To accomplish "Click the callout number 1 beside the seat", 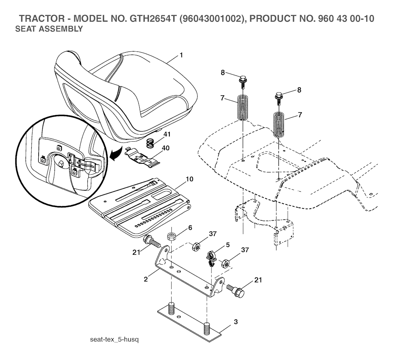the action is click(x=181, y=55).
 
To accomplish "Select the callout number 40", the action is click(x=166, y=147).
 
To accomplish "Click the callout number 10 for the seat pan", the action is click(x=189, y=179).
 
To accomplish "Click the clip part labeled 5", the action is click(x=211, y=258).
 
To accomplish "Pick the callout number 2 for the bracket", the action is click(x=146, y=279).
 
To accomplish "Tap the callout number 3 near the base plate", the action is click(x=236, y=322).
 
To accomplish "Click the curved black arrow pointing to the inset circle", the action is click(x=116, y=154).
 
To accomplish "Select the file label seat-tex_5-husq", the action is click(x=114, y=339).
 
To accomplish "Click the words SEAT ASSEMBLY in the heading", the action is click(x=49, y=29).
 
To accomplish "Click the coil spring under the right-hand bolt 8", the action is click(x=279, y=125).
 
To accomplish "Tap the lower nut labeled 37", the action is click(x=225, y=264).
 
